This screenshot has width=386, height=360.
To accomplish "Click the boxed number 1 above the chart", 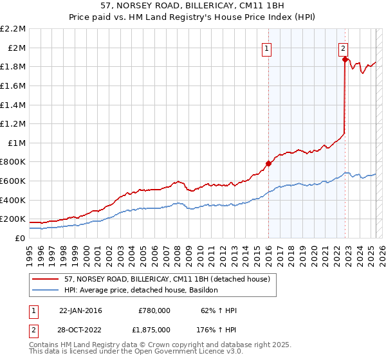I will pos(267,48).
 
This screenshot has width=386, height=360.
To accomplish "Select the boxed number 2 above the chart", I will pos(344,48).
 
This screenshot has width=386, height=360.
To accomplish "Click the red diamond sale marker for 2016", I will pos(268,163).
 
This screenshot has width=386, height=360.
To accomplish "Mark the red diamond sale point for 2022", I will pos(345,60).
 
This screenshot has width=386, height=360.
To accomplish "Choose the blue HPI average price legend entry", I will pos(141,290).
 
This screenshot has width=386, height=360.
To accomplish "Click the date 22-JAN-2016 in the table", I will pos(80,310).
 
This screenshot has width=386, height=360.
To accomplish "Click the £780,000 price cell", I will pos(154,310).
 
